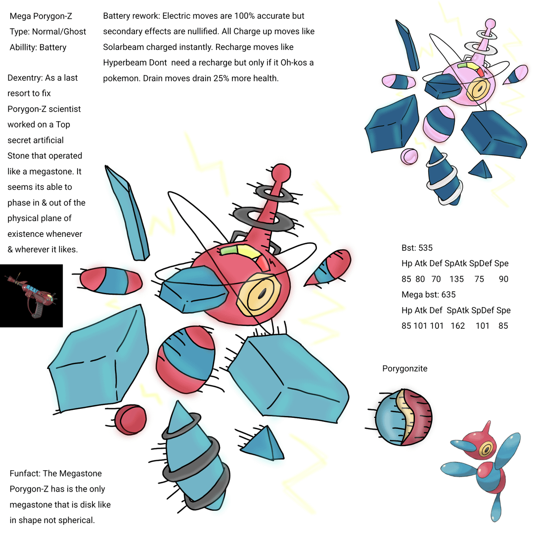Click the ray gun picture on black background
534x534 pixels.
pos(31,296)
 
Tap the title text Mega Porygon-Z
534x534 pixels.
pos(41,16)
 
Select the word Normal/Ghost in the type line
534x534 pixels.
pos(59,32)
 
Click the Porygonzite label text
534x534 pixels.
pos(404,368)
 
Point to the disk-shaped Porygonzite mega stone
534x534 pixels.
pos(403,417)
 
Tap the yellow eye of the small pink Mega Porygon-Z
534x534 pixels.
pos(479,89)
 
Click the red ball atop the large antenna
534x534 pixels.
pos(281,173)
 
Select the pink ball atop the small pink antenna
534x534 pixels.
pos(490,24)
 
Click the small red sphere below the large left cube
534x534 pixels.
pos(131,420)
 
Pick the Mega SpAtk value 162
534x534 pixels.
pos(458,326)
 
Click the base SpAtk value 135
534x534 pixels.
pos(456,279)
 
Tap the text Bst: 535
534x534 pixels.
pos(417,248)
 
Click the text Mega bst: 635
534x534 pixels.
pos(428,295)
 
